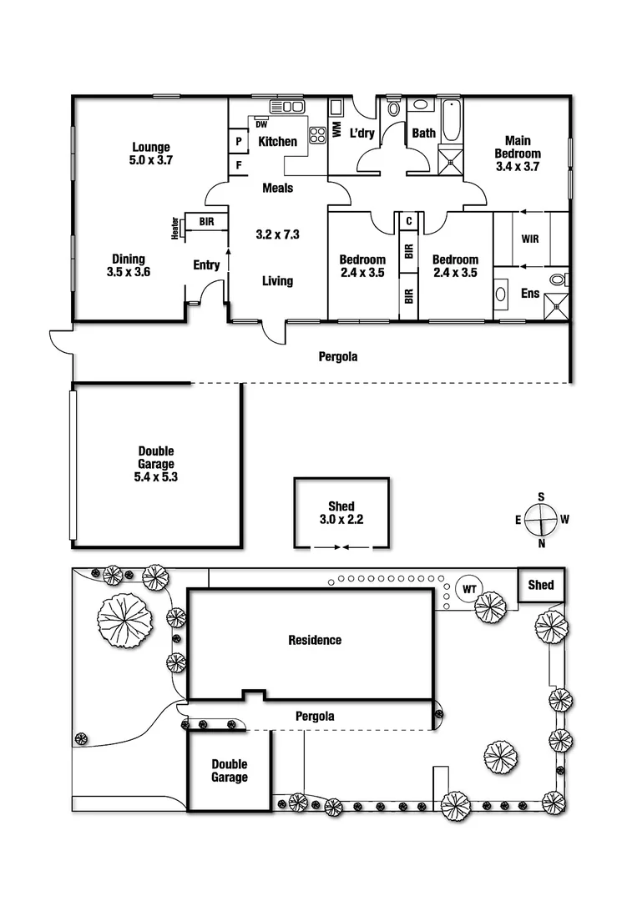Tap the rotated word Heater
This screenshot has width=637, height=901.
point(175,228)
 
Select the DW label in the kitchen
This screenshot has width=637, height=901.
point(261,124)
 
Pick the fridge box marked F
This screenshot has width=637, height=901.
point(239,165)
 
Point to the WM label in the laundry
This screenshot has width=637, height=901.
point(337,129)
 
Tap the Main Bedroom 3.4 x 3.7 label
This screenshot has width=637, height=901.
point(518,154)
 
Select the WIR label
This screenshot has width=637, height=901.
point(530,239)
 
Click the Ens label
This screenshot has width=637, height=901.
point(530,294)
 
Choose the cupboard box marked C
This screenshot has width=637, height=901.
point(408,221)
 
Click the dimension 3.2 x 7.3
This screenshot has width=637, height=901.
point(277,234)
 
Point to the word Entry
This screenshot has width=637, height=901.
point(206,265)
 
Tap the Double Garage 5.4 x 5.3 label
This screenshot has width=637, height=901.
point(156,464)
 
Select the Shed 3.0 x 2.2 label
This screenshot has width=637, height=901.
point(341,512)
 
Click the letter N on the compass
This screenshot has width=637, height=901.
point(542,544)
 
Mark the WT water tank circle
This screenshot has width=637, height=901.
point(468,589)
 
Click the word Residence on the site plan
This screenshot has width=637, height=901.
point(315,641)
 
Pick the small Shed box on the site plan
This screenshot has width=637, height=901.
point(541,585)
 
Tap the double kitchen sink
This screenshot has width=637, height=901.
point(292,106)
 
